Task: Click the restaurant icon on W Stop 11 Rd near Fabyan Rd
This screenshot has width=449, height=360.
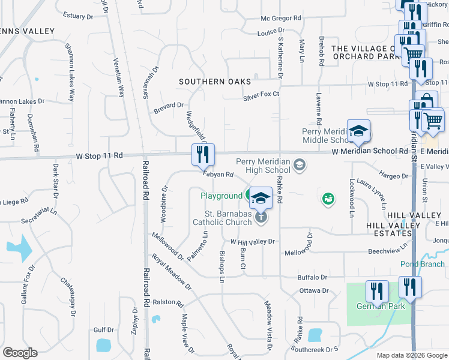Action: tap(203, 155)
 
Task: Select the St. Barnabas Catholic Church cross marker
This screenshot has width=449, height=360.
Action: tap(261, 217)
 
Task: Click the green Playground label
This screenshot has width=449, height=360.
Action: tap(221, 196)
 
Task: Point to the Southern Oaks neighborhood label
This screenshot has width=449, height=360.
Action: tap(215, 82)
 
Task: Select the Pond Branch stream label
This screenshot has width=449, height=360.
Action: tap(423, 264)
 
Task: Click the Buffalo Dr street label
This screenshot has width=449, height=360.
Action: tap(312, 277)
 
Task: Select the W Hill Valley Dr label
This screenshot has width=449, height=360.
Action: tap(252, 241)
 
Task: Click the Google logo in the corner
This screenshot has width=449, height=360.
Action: tap(20, 353)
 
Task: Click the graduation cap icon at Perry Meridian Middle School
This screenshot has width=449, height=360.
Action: tap(358, 131)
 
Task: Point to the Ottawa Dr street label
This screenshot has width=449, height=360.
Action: tap(314, 291)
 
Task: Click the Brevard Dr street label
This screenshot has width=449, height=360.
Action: tap(168, 107)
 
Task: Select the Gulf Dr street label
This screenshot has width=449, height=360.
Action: tap(103, 330)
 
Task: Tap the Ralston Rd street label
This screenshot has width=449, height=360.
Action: tap(167, 303)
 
